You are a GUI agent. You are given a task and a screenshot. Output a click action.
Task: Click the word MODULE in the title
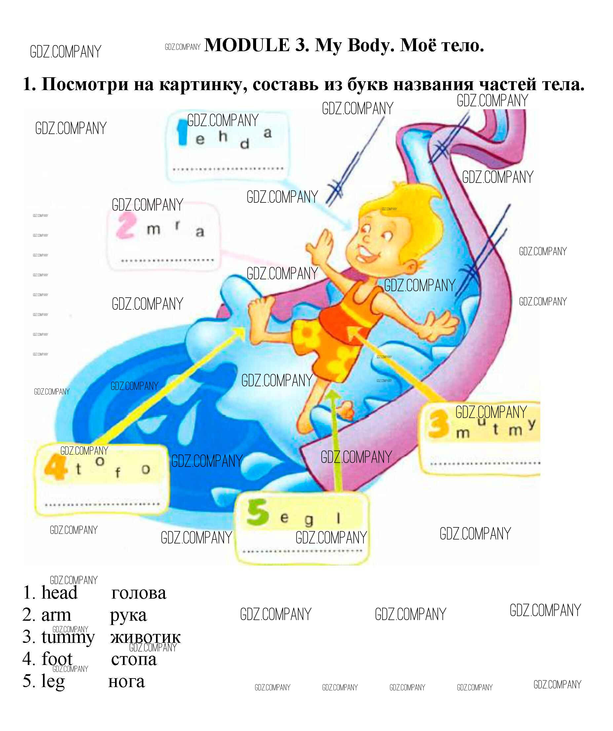tap(247, 45)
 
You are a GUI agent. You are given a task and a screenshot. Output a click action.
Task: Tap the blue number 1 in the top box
tap(182, 132)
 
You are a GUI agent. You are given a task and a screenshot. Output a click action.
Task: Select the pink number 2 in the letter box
tap(126, 226)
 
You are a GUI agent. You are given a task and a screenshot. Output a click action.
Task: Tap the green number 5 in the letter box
tap(257, 512)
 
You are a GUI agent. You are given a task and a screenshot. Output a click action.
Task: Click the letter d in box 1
tap(245, 143)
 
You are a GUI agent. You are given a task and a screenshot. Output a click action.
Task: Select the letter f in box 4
tap(118, 473)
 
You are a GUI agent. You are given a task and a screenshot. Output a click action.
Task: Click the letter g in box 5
tap(309, 520)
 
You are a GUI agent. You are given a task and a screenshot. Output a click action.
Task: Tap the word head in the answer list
tap(59, 592)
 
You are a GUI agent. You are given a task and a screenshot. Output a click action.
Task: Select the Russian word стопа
tap(134, 659)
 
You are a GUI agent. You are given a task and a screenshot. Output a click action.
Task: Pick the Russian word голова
tap(138, 593)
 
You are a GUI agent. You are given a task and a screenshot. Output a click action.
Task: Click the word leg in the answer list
tap(53, 681)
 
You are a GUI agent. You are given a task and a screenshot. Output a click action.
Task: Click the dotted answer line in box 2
tap(167, 261)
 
